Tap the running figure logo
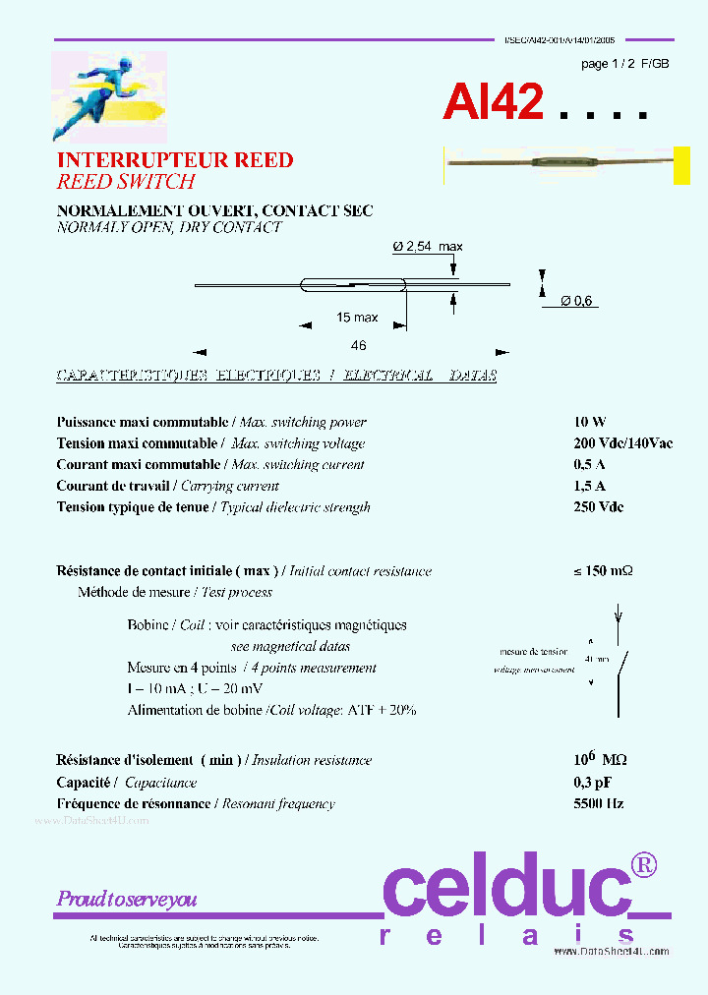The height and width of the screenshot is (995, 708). pyautogui.click(x=108, y=96)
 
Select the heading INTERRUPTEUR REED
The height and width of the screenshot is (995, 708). pyautogui.click(x=175, y=160)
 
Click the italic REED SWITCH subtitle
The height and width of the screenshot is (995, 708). pyautogui.click(x=126, y=182)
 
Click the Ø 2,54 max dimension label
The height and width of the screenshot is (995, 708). pyautogui.click(x=428, y=247)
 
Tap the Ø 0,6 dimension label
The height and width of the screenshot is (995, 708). pyautogui.click(x=578, y=301)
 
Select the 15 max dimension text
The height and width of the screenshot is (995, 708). pyautogui.click(x=357, y=318)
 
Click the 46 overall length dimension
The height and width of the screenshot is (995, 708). pyautogui.click(x=358, y=345)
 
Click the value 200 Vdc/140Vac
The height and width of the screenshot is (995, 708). pyautogui.click(x=622, y=443)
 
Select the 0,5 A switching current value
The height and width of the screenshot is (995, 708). pyautogui.click(x=589, y=465)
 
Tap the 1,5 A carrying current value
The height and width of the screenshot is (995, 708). pyautogui.click(x=589, y=486)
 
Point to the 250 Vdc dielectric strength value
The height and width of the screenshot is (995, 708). pyautogui.click(x=598, y=507)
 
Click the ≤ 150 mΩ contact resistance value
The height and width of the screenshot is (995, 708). pyautogui.click(x=603, y=571)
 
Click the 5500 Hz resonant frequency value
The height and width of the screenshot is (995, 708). pyautogui.click(x=598, y=803)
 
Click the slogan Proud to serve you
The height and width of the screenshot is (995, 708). pyautogui.click(x=127, y=899)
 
